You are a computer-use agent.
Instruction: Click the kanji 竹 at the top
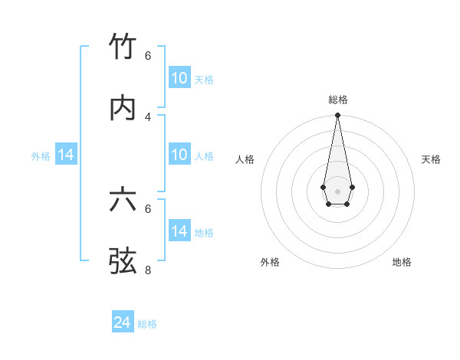pos(123,47)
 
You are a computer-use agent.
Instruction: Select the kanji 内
pos(123,108)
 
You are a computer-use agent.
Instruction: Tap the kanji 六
pos(123,200)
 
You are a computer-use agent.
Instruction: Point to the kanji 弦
pos(123,261)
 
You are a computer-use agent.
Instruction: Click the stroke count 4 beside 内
pos(148,116)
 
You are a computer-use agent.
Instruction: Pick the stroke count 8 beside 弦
pos(148,270)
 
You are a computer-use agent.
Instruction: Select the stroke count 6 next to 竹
pos(148,55)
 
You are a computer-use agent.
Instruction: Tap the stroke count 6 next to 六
pos(148,208)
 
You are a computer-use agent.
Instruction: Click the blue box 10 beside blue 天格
pos(179,78)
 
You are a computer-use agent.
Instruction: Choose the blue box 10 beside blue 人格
pos(179,155)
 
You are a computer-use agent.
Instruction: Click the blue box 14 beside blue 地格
pos(179,231)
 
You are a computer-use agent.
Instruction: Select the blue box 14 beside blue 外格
pos(66,155)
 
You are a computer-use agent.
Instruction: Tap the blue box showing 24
pos(123,322)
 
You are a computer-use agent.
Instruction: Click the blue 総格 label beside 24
pos(147,324)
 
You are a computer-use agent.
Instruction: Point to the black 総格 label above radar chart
pos(337,100)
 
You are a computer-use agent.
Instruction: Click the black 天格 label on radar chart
pos(431,159)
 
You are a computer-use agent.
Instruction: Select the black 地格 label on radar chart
pos(402,262)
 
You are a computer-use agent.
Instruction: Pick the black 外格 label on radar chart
pos(270,262)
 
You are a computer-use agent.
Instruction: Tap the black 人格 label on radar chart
pos(245,159)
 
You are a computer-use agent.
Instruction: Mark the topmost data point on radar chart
pos(337,116)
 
